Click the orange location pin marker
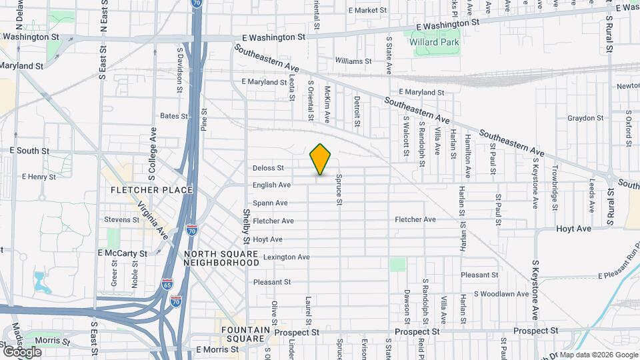pyautogui.click(x=321, y=159)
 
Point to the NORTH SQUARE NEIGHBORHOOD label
pyautogui.click(x=222, y=258)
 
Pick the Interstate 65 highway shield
pyautogui.click(x=166, y=285)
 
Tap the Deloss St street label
pyautogui.click(x=269, y=168)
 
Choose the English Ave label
pyautogui.click(x=271, y=185)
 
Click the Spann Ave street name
pyautogui.click(x=270, y=203)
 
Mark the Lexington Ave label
pyautogui.click(x=286, y=257)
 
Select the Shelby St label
pyautogui.click(x=246, y=226)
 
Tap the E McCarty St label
pyautogui.click(x=122, y=253)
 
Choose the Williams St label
pyautogui.click(x=353, y=61)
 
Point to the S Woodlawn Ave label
pyautogui.click(x=501, y=293)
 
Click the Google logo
pyautogui.click(x=22, y=351)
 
